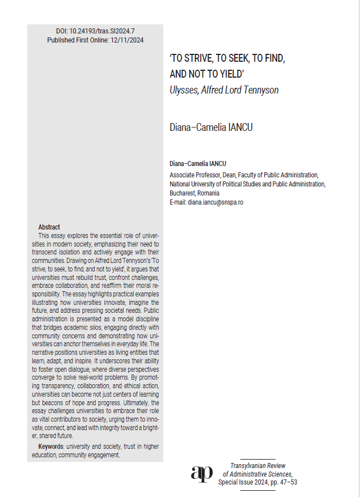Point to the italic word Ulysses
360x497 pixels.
(x=184, y=90)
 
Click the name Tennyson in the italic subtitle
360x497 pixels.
(x=259, y=90)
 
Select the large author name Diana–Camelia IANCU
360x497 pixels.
(x=211, y=127)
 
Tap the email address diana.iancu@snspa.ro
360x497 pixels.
(x=215, y=202)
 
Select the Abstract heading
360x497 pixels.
(x=49, y=227)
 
